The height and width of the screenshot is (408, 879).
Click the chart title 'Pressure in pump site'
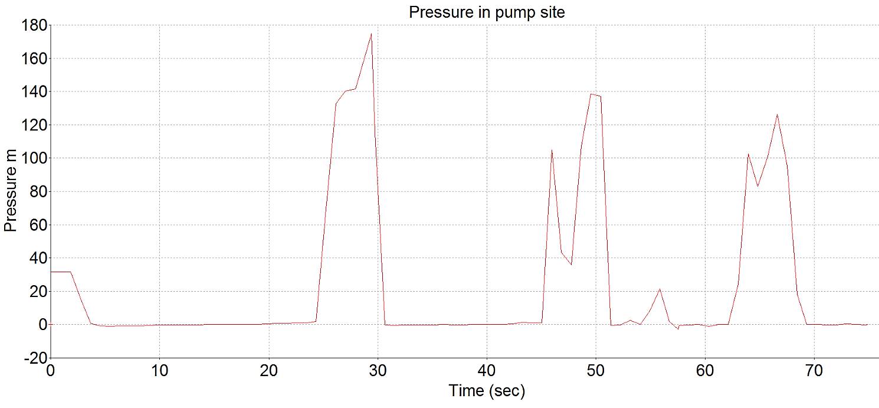point(487,12)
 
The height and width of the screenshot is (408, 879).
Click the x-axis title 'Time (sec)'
point(487,390)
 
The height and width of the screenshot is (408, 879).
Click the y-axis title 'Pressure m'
point(10,192)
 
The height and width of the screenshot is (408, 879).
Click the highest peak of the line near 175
point(371,34)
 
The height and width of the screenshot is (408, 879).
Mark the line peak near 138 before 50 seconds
point(591,94)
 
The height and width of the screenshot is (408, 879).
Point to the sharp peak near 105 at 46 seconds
point(552,150)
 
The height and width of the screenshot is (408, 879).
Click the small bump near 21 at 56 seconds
point(660,289)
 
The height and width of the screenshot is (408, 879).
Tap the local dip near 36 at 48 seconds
point(571,265)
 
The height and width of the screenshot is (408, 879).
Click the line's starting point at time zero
point(51,272)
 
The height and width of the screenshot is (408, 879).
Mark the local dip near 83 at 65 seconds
point(758,187)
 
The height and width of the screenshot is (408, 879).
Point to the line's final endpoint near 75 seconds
point(867,325)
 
